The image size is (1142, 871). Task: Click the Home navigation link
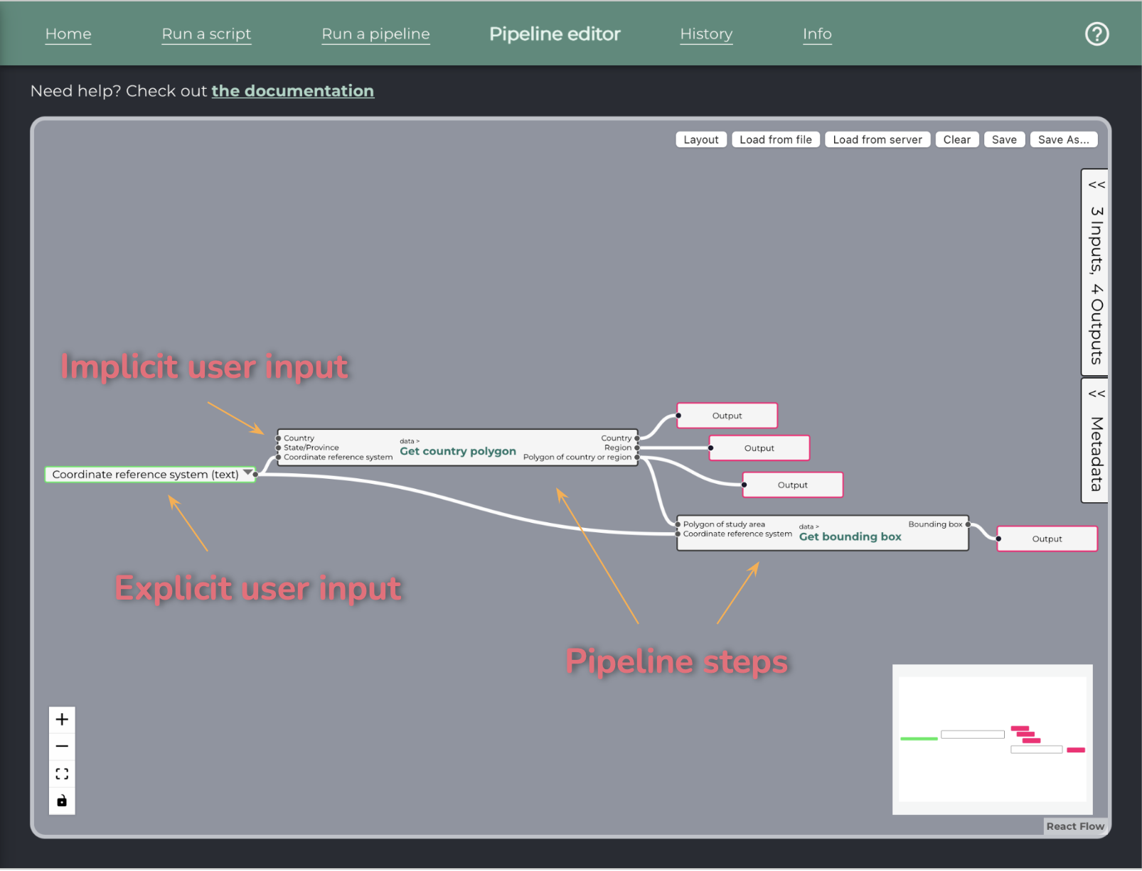[68, 34]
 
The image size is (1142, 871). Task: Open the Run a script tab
[206, 34]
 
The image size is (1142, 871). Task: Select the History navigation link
[706, 34]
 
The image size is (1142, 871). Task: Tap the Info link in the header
[817, 34]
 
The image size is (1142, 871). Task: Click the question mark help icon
[1096, 34]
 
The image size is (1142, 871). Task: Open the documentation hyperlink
[292, 91]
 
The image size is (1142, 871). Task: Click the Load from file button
[775, 140]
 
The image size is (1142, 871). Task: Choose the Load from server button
[877, 140]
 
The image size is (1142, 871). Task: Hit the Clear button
[956, 140]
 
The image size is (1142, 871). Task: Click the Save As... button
[1063, 140]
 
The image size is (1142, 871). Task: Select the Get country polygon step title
[457, 451]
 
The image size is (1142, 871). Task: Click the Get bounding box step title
[850, 536]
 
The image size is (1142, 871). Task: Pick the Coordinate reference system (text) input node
[150, 475]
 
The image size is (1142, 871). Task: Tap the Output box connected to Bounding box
[1046, 539]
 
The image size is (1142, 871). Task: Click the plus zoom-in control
[62, 719]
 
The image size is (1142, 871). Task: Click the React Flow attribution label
[1075, 826]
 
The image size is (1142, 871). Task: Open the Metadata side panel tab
[1095, 440]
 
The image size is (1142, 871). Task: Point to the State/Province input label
[311, 448]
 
